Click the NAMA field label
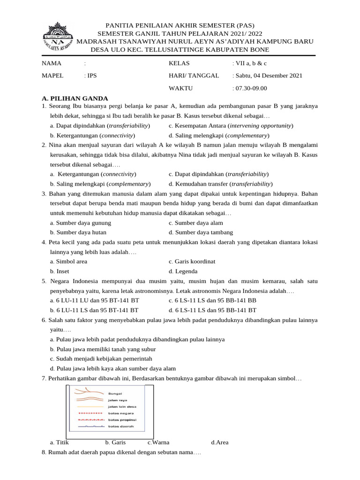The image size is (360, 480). pyautogui.click(x=52, y=63)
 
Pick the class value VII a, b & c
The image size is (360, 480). pyautogui.click(x=251, y=63)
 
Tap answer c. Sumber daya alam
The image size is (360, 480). pyautogui.click(x=195, y=223)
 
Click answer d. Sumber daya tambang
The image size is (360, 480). pyautogui.click(x=201, y=232)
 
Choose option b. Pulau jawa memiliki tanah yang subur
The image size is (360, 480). pyautogui.click(x=103, y=349)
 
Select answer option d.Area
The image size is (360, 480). pyautogui.click(x=219, y=442)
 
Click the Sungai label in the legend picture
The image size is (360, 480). pyautogui.click(x=115, y=394)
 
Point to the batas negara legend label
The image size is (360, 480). pyautogui.click(x=121, y=413)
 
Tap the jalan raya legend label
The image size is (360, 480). pyautogui.click(x=118, y=400)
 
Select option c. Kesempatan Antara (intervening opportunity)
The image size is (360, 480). pyautogui.click(x=231, y=126)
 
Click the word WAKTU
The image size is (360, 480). pyautogui.click(x=180, y=88)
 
